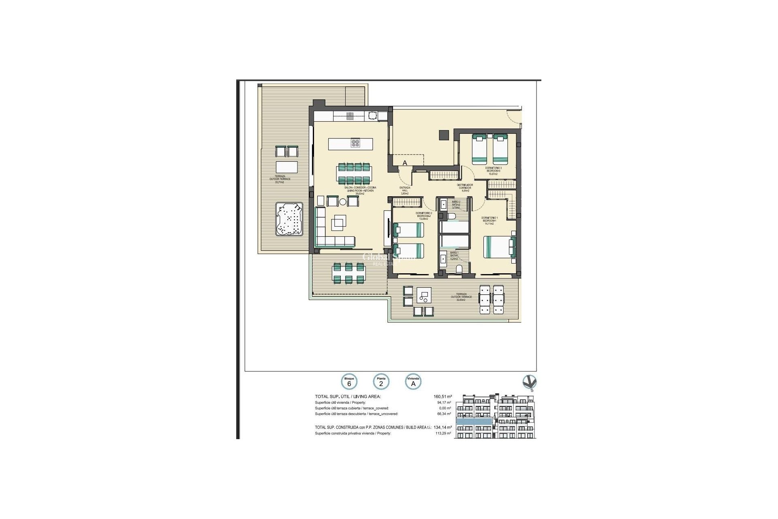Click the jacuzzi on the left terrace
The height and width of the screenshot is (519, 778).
(x=289, y=219)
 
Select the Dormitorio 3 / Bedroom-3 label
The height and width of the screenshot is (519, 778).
(x=493, y=170)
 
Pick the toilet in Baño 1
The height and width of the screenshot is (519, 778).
(x=460, y=269)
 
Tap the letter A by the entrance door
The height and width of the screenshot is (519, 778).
(x=404, y=163)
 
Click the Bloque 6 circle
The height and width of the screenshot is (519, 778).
(x=349, y=382)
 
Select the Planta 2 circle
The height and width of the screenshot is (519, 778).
(x=381, y=382)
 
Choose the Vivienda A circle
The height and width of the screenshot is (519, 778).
(x=413, y=382)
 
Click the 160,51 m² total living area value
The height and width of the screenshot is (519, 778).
(x=442, y=397)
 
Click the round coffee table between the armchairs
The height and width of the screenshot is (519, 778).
(x=343, y=202)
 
